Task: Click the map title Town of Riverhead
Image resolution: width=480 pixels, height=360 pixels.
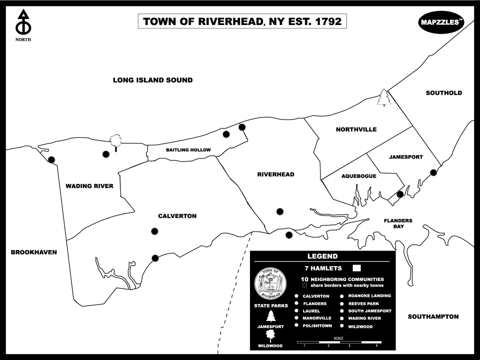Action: tap(242, 21)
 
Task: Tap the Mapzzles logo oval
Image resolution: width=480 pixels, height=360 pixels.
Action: tap(441, 22)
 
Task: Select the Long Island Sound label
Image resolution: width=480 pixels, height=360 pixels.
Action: tap(152, 80)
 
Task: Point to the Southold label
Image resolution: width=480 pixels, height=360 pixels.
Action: tap(443, 93)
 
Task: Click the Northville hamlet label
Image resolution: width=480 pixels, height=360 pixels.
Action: tap(356, 129)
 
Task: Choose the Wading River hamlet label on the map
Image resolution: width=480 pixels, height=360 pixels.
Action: tap(89, 186)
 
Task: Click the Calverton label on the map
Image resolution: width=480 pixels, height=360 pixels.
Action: tap(177, 216)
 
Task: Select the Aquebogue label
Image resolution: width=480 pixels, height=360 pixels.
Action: tap(358, 176)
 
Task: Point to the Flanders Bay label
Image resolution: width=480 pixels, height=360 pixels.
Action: tap(398, 223)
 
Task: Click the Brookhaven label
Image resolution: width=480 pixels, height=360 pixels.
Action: tap(33, 252)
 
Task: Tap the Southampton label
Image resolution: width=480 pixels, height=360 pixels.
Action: tap(433, 316)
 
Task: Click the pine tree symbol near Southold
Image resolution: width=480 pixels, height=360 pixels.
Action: tap(383, 97)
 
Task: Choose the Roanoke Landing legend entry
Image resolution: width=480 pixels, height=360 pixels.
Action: tap(369, 295)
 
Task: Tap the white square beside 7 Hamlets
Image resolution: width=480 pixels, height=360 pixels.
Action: tap(357, 268)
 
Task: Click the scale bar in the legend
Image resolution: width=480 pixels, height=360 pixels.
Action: tap(340, 342)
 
